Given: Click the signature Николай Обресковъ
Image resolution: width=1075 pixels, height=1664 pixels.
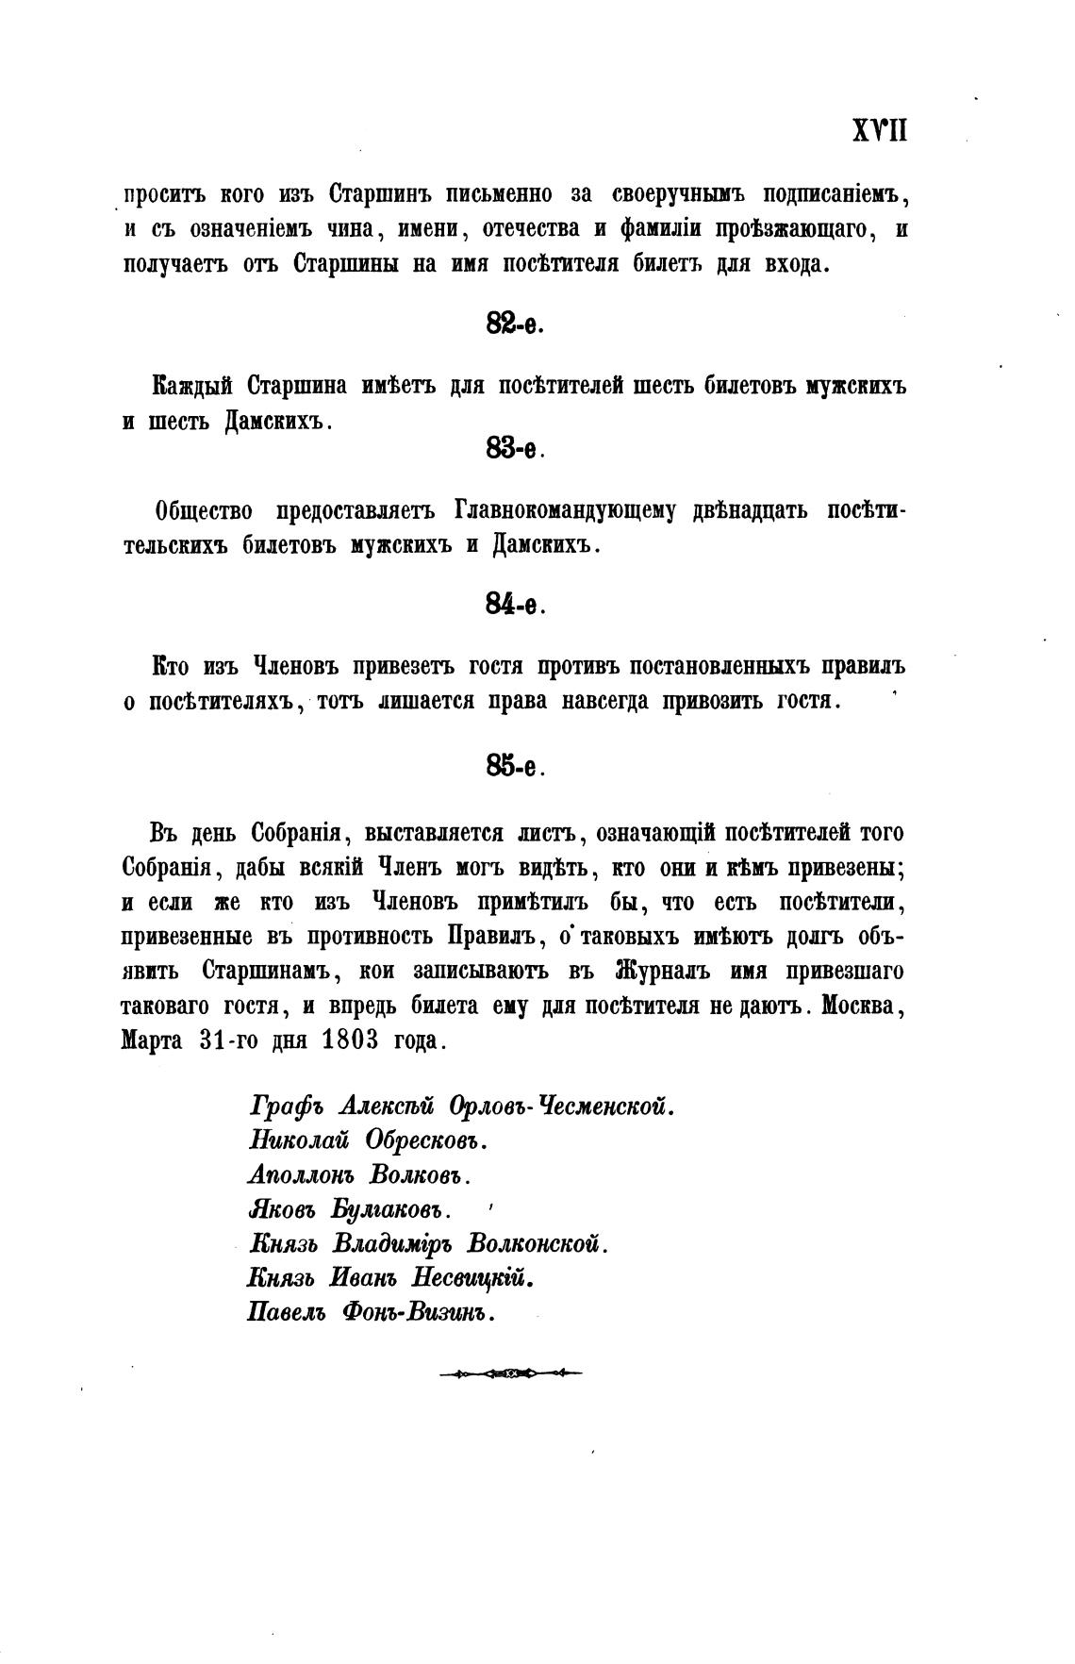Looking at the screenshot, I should (x=368, y=1140).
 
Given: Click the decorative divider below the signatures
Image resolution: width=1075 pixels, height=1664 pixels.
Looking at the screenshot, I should (x=510, y=1373).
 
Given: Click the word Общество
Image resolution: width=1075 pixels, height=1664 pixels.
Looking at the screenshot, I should (x=203, y=511).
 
